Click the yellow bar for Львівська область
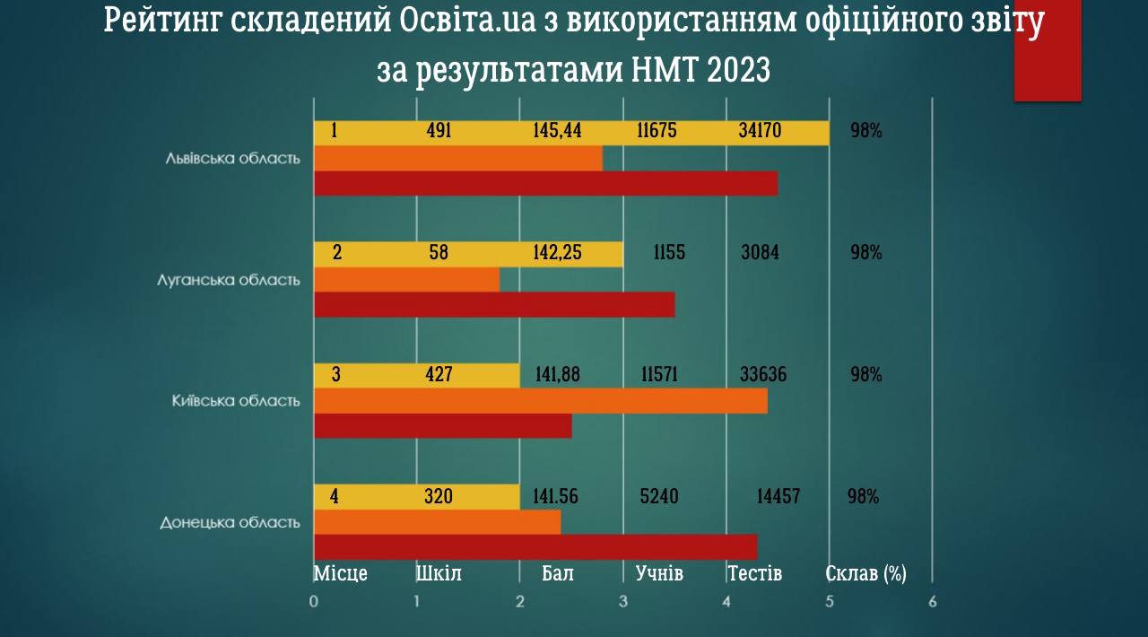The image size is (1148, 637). click(x=571, y=132)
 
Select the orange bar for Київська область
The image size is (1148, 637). click(x=541, y=400)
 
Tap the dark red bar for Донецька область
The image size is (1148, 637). click(x=535, y=546)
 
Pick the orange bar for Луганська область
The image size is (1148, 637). click(x=406, y=280)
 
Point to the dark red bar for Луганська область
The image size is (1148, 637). click(x=494, y=305)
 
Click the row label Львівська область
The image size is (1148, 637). click(x=232, y=158)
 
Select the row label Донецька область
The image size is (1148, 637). click(x=230, y=522)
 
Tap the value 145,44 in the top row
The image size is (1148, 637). click(x=557, y=131)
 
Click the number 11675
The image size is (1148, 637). click(x=657, y=131)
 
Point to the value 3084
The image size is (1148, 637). click(x=760, y=252)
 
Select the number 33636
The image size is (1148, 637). click(x=762, y=374)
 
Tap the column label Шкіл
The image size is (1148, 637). click(x=439, y=573)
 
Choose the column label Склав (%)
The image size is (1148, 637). click(x=865, y=573)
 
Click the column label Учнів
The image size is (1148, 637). click(x=659, y=573)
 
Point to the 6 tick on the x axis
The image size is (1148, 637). click(x=932, y=601)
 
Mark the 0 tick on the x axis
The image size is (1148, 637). click(x=314, y=601)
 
